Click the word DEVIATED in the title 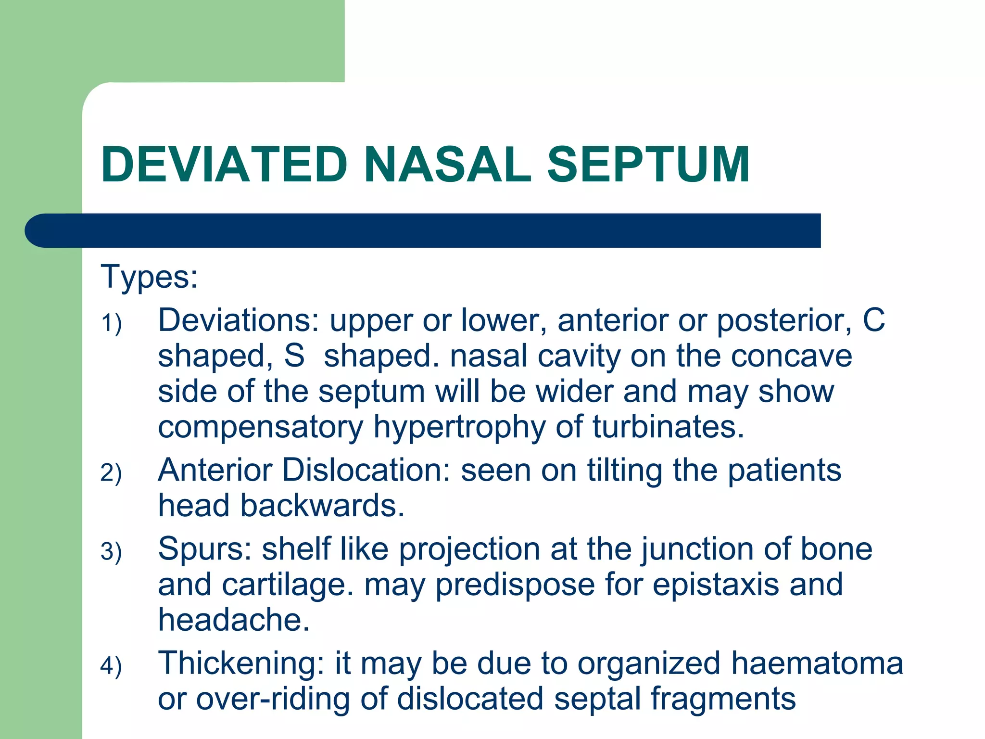tap(224, 165)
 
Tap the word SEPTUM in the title tap(648, 165)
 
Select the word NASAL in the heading tap(448, 165)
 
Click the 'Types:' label tap(149, 278)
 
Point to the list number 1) tap(111, 323)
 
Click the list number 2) tap(111, 472)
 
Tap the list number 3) tap(111, 551)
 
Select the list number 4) tap(111, 666)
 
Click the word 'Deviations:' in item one tap(239, 320)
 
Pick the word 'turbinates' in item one tap(664, 427)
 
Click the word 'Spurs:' tap(205, 549)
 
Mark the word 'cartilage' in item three tap(284, 585)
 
